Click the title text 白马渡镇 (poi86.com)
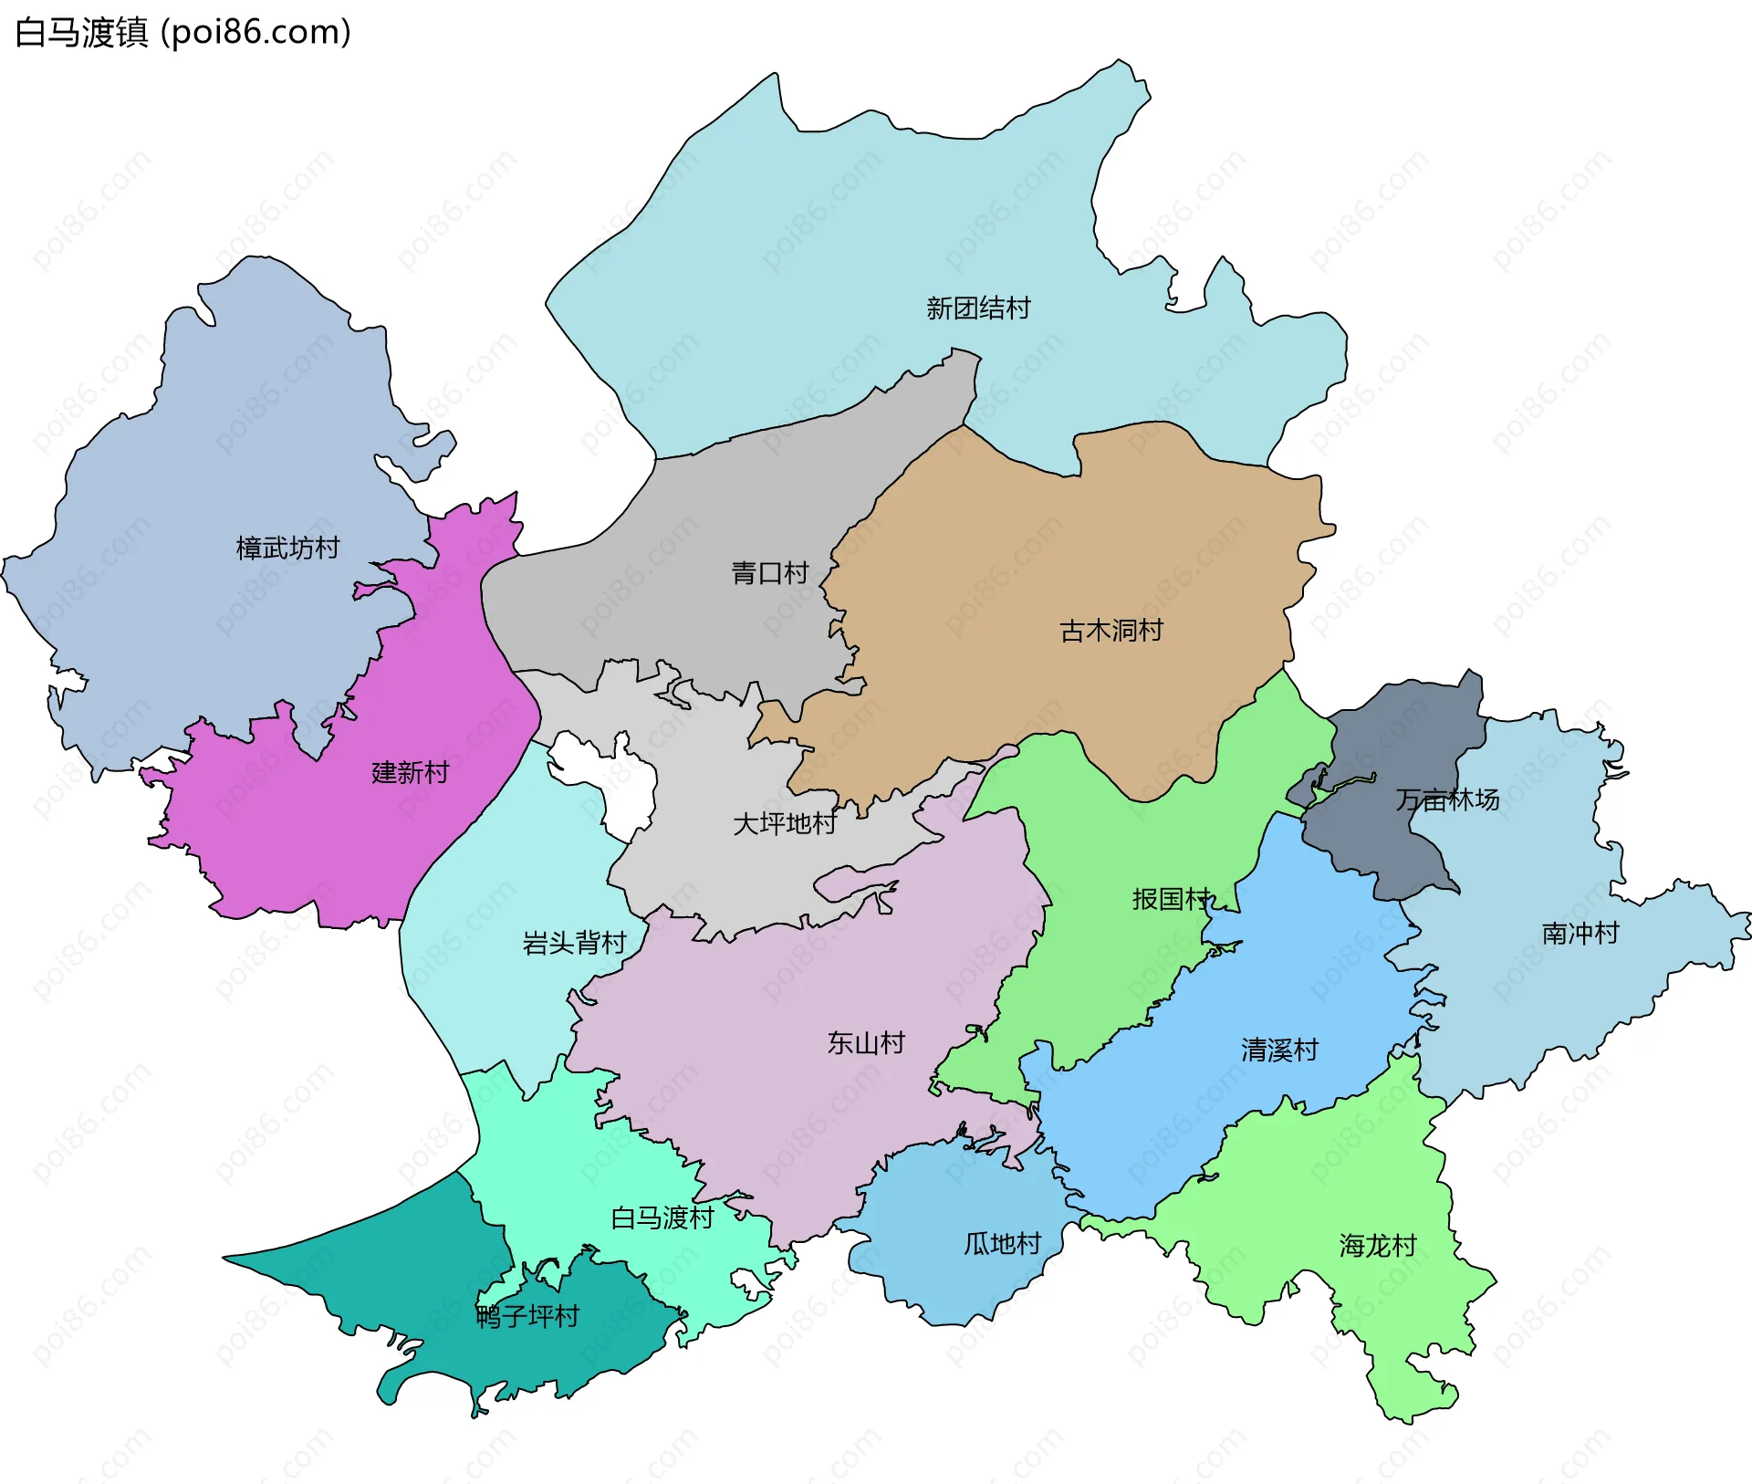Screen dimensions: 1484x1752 (x=182, y=33)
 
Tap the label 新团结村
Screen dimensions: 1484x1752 (x=978, y=308)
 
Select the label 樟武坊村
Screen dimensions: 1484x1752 (x=287, y=548)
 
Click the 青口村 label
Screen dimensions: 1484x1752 (x=770, y=573)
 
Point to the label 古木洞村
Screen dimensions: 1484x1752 (x=1111, y=631)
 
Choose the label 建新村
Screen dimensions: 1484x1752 (x=411, y=773)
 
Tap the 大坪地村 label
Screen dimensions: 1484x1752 (x=785, y=824)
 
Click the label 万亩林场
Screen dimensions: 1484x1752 (x=1447, y=800)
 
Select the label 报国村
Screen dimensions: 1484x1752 (x=1172, y=899)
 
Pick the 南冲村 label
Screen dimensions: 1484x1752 (x=1580, y=934)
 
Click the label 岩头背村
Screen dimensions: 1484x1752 (x=574, y=943)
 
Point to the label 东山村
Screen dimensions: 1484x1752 (x=866, y=1043)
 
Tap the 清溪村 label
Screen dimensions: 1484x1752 (x=1279, y=1050)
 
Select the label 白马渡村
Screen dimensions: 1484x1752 (x=662, y=1218)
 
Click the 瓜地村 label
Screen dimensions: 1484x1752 (x=1002, y=1244)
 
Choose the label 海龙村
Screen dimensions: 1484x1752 (x=1378, y=1246)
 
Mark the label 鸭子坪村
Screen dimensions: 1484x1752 (x=527, y=1317)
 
